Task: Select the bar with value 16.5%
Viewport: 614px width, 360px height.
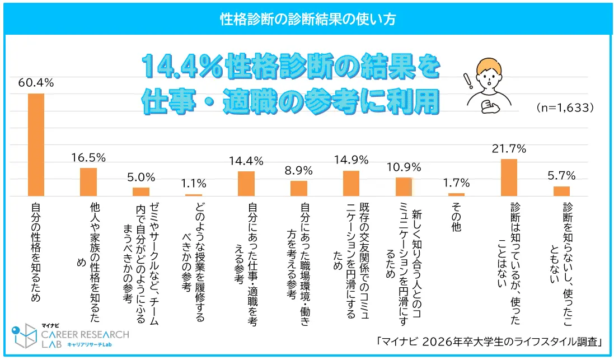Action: [88, 182]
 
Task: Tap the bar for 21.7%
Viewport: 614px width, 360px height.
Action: [509, 177]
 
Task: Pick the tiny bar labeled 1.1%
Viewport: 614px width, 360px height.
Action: [194, 195]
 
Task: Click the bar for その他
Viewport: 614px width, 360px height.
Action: [456, 194]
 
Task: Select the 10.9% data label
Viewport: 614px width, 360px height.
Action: [404, 167]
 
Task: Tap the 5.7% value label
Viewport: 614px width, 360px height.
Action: [561, 176]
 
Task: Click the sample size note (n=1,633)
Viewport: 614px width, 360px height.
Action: [564, 107]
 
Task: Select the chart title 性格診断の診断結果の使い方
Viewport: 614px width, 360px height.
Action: [307, 19]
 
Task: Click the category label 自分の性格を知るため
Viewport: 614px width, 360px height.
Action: [36, 253]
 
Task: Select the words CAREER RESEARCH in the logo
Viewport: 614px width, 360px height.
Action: [85, 334]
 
